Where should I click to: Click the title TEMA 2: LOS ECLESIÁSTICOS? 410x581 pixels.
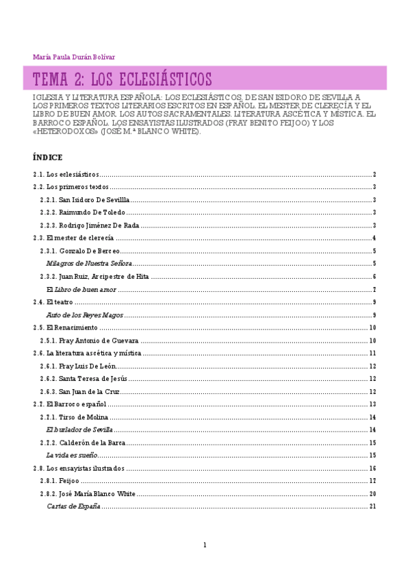click(x=123, y=77)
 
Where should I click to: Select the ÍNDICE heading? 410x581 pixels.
click(x=47, y=157)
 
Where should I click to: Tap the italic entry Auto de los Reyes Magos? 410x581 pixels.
click(x=85, y=315)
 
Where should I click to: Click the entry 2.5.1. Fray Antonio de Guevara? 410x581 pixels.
click(x=90, y=341)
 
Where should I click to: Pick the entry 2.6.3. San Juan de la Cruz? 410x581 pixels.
click(x=82, y=391)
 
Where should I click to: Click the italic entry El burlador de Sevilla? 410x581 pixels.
click(x=79, y=430)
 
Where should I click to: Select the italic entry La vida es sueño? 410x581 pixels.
click(x=72, y=455)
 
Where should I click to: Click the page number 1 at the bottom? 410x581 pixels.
click(x=204, y=545)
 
